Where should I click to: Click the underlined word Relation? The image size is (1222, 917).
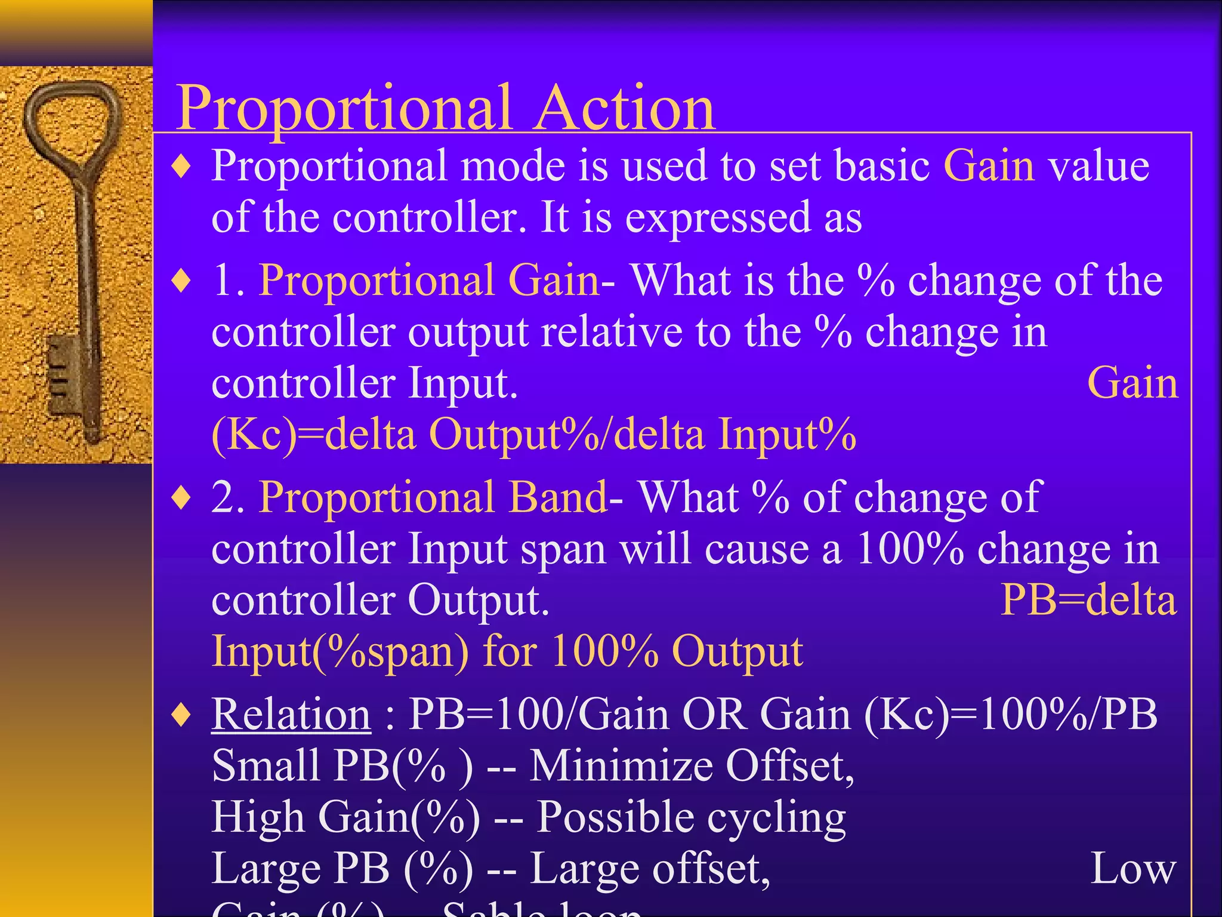click(291, 714)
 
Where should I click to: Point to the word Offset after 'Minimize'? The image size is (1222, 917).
click(789, 766)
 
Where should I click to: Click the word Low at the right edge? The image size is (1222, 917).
click(1132, 869)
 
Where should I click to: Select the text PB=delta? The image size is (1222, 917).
click(1088, 599)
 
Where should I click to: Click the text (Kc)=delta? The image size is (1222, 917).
click(313, 434)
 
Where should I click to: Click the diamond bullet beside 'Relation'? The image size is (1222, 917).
click(181, 715)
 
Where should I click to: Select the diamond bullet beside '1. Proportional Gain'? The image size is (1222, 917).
click(181, 280)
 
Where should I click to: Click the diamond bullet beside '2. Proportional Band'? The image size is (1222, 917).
click(181, 497)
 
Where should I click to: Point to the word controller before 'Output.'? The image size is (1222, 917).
click(303, 600)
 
